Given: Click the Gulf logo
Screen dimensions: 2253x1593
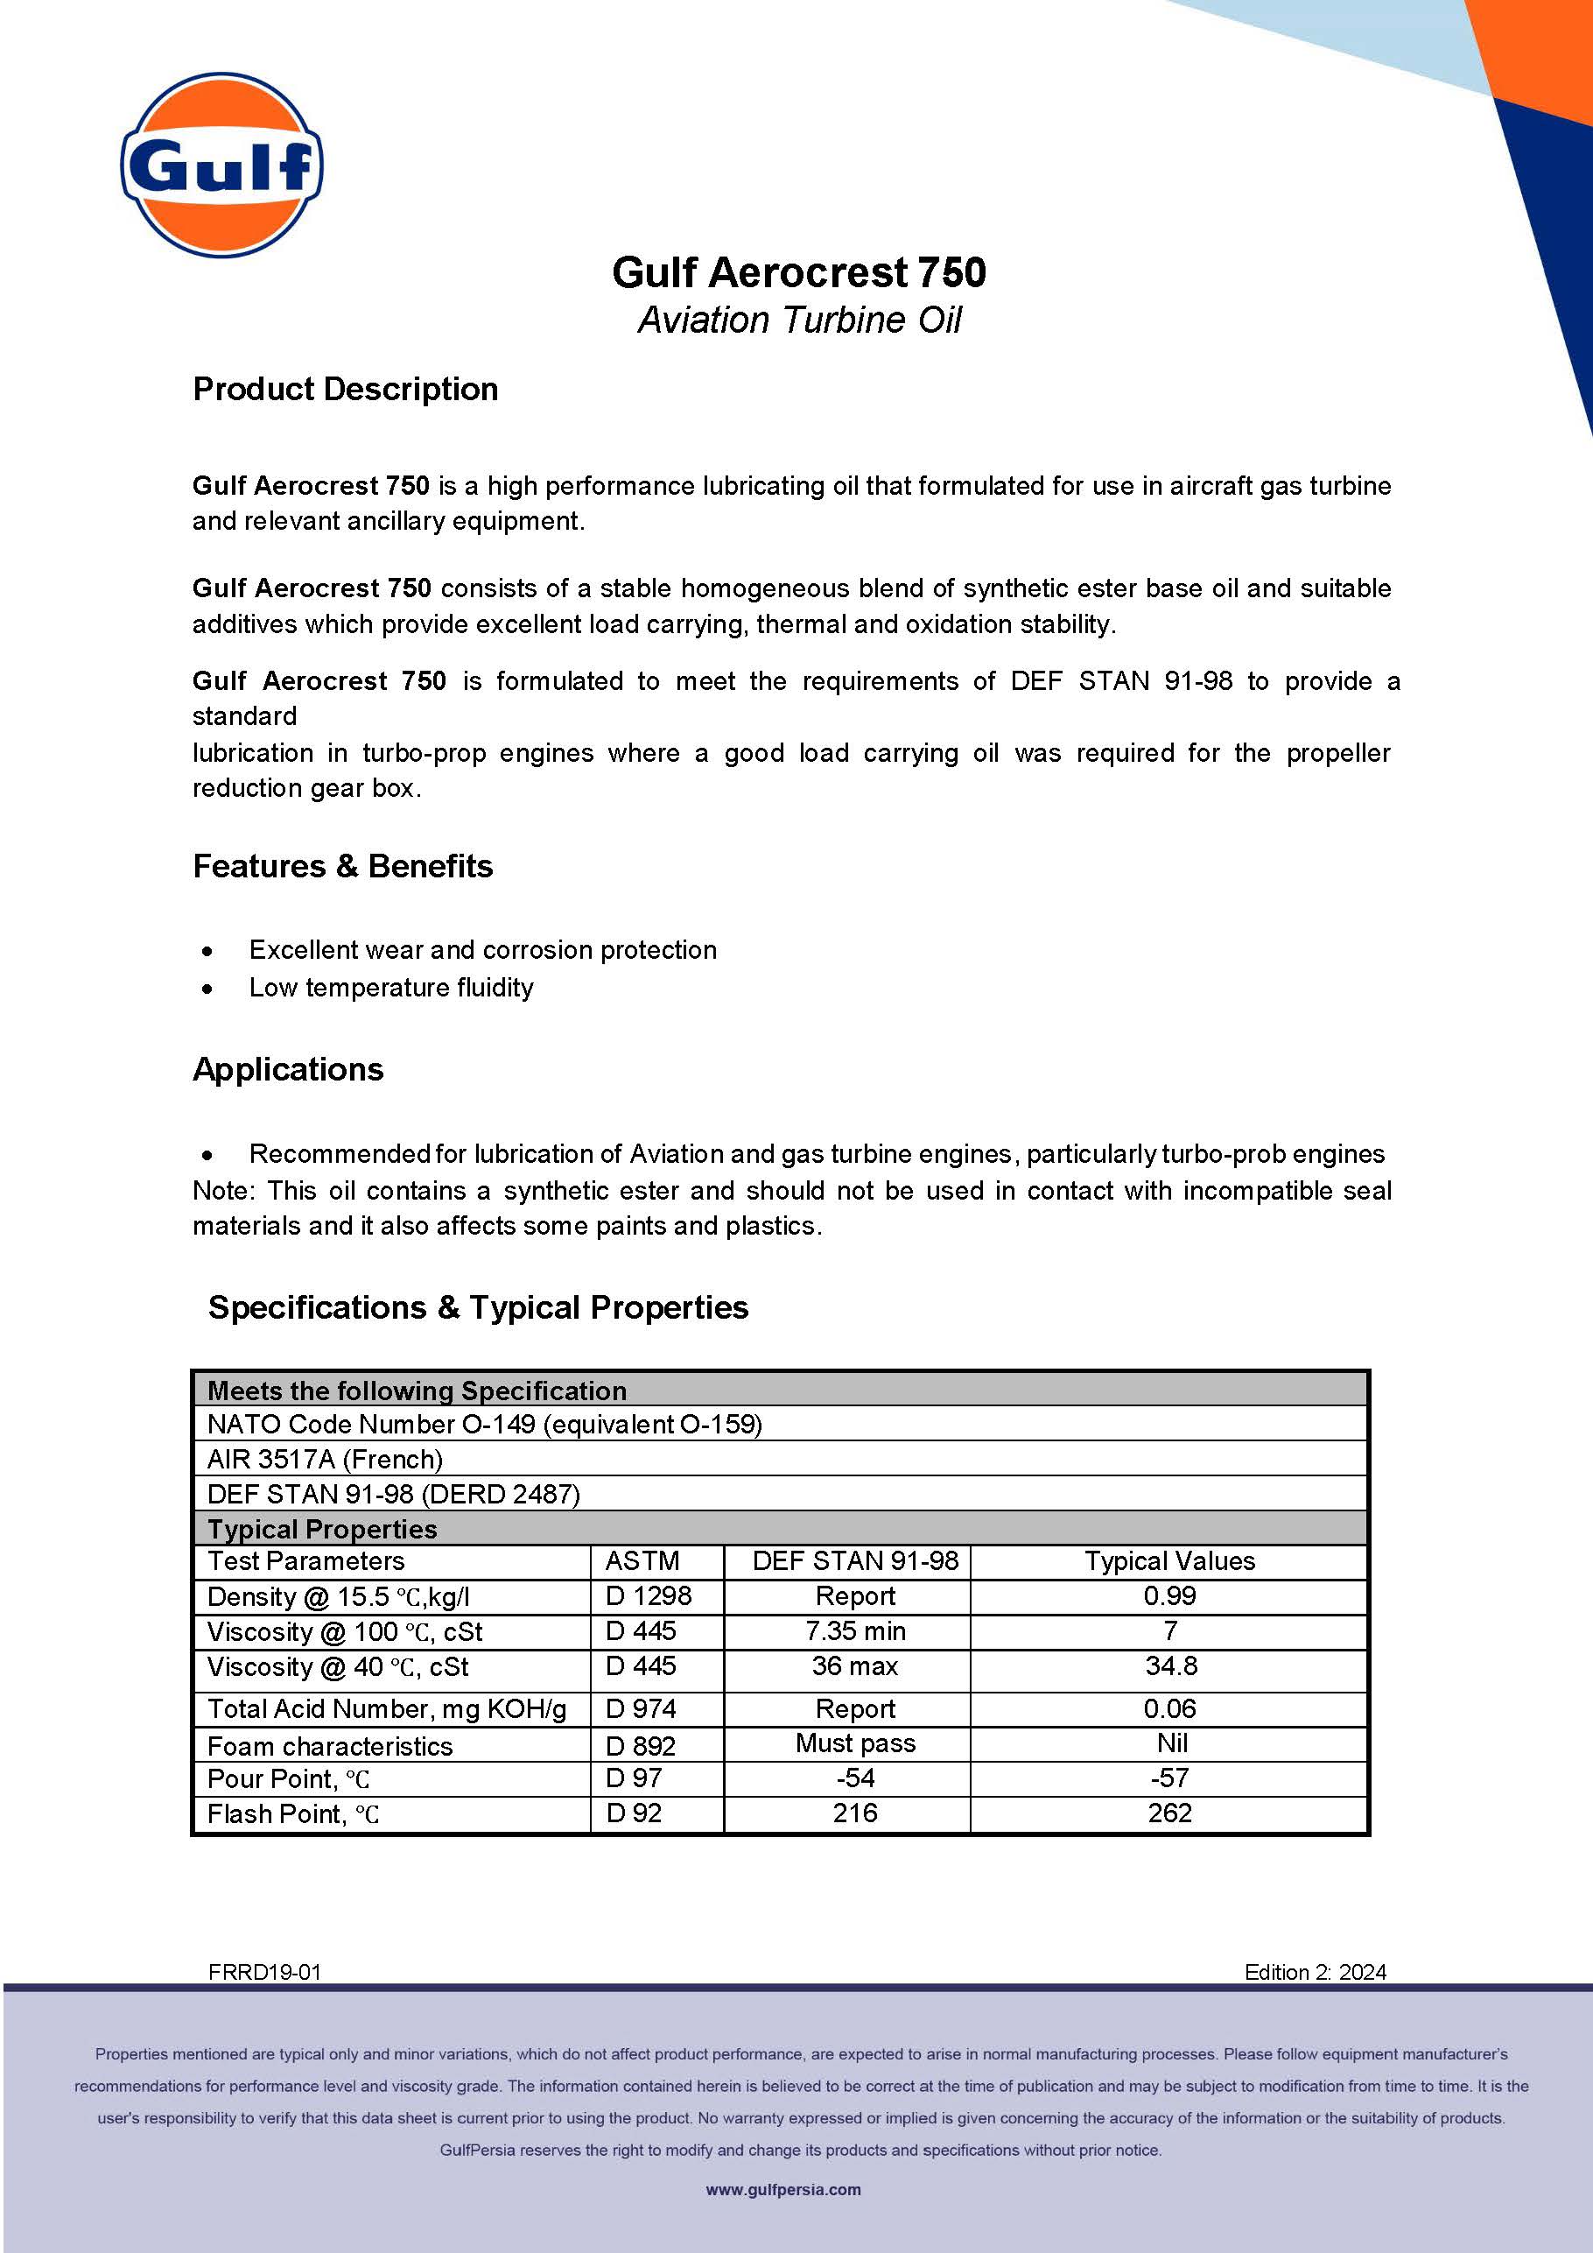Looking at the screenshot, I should click(221, 165).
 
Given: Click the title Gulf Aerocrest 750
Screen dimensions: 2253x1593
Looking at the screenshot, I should click(798, 273).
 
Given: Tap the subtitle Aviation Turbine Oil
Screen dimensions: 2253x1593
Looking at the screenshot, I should click(798, 320).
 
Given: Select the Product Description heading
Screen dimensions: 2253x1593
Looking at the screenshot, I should click(345, 389).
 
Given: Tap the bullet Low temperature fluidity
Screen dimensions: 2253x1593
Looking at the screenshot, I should click(390, 987).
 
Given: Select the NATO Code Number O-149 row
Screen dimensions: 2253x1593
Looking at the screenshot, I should click(485, 1424).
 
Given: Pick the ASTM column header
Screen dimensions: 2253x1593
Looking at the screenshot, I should click(642, 1561).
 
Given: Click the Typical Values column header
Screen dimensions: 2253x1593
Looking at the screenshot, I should click(1169, 1561).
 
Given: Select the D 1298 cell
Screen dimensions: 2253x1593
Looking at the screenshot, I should click(649, 1596).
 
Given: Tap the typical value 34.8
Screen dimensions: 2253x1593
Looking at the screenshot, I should click(1170, 1666).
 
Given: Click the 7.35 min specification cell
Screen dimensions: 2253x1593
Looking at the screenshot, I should click(855, 1631).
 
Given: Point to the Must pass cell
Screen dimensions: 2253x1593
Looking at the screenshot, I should click(855, 1743).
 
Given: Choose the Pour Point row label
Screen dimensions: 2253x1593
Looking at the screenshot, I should click(288, 1779).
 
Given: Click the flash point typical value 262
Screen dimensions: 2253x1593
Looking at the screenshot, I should click(1169, 1813).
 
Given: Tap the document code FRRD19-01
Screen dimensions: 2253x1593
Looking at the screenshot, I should click(265, 1972).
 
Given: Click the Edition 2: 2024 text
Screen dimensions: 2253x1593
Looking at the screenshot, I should click(1315, 1972).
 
